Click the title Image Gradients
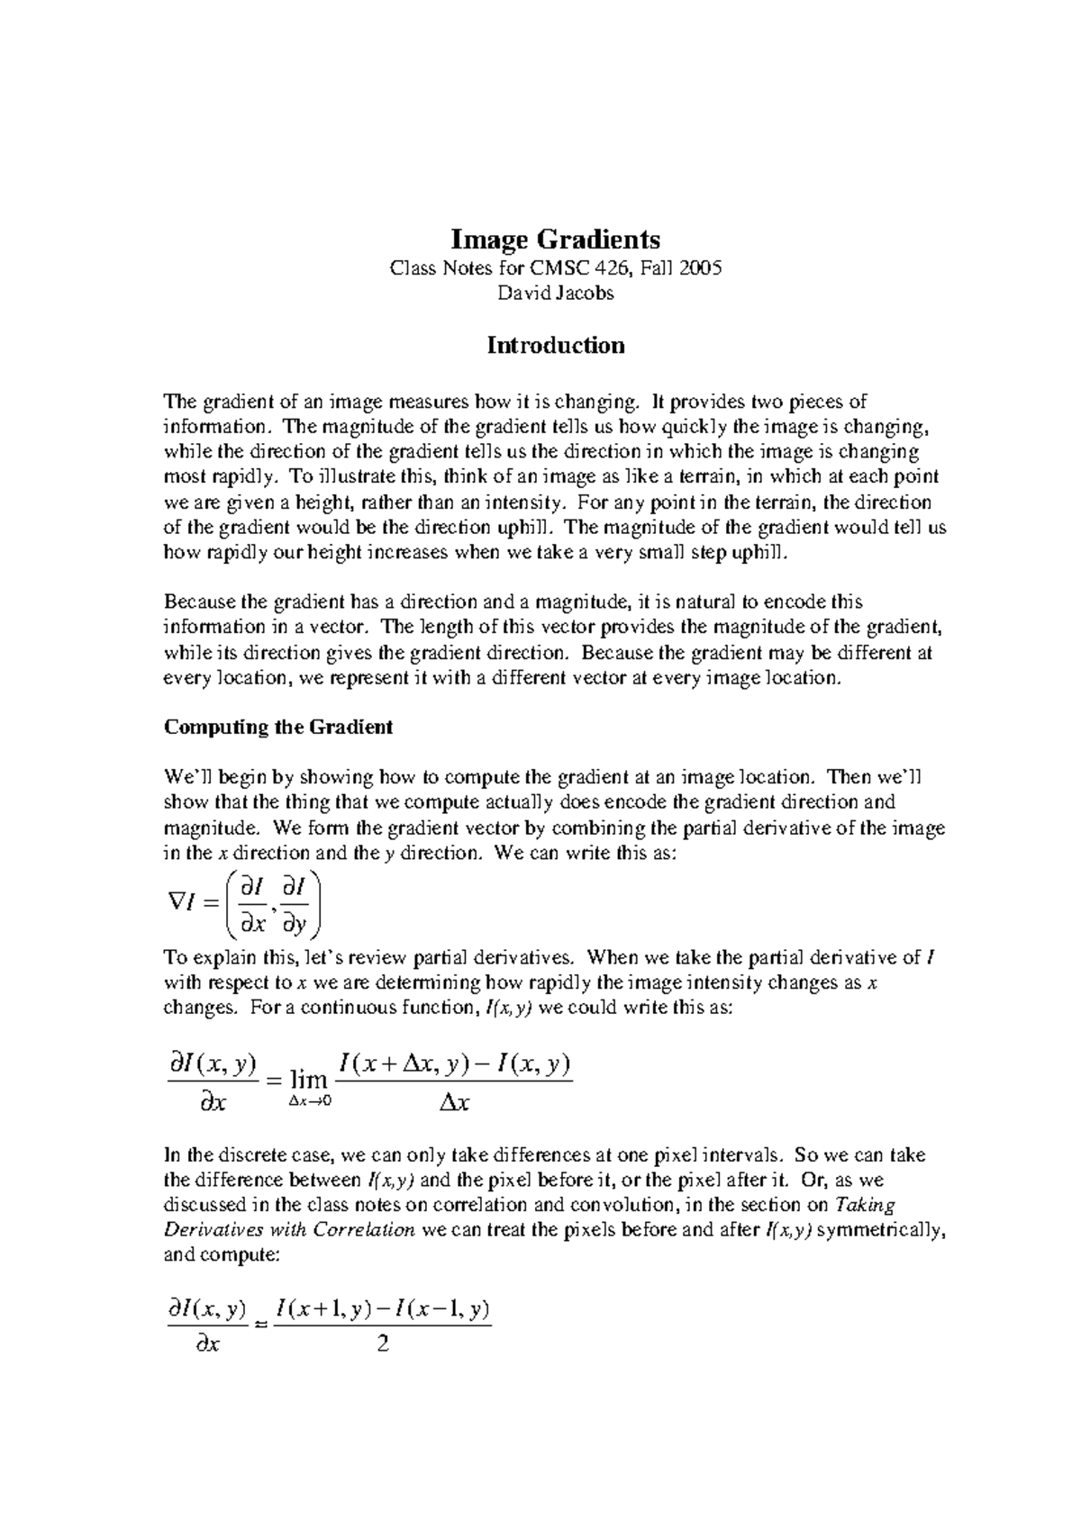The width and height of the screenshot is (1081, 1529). [555, 240]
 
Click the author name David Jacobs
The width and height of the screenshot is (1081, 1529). [555, 293]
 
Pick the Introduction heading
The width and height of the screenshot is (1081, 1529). [555, 346]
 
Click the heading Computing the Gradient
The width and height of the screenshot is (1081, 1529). [277, 727]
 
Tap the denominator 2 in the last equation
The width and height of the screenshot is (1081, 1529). [382, 1346]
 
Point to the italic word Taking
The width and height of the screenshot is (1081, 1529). [865, 1205]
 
